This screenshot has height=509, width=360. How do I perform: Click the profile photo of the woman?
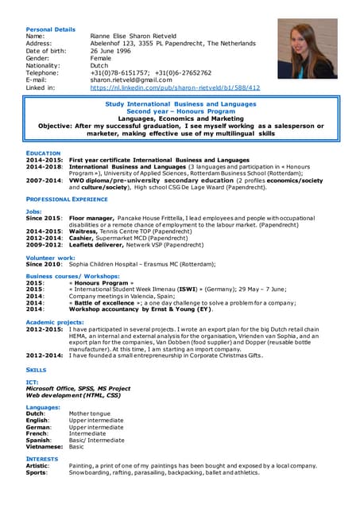coord(307,49)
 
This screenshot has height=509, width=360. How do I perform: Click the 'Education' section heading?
coord(44,152)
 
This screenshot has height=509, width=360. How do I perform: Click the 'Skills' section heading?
coord(37,370)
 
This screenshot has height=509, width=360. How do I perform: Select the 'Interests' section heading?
coord(41,458)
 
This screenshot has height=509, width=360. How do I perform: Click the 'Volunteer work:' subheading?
coord(51,258)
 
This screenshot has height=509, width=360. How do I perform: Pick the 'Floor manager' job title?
coord(91,217)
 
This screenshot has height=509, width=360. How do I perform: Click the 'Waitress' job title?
coord(84,230)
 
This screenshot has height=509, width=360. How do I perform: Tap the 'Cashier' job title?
coord(83,236)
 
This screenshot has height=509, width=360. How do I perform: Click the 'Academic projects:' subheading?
coord(56,321)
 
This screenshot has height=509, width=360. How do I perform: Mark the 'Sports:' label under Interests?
coord(37,472)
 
